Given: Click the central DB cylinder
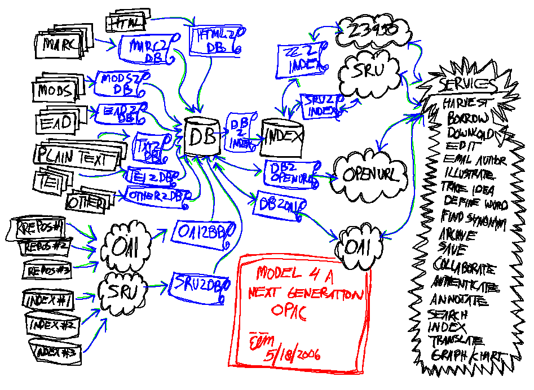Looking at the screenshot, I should (201, 137).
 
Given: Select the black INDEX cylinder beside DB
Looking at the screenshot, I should (282, 137).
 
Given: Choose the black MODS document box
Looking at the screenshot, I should (55, 90).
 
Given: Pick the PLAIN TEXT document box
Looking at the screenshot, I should (77, 158).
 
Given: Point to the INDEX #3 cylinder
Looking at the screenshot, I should (57, 352).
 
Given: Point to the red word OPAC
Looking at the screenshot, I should (289, 313).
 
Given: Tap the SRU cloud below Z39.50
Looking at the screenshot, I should (371, 71).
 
